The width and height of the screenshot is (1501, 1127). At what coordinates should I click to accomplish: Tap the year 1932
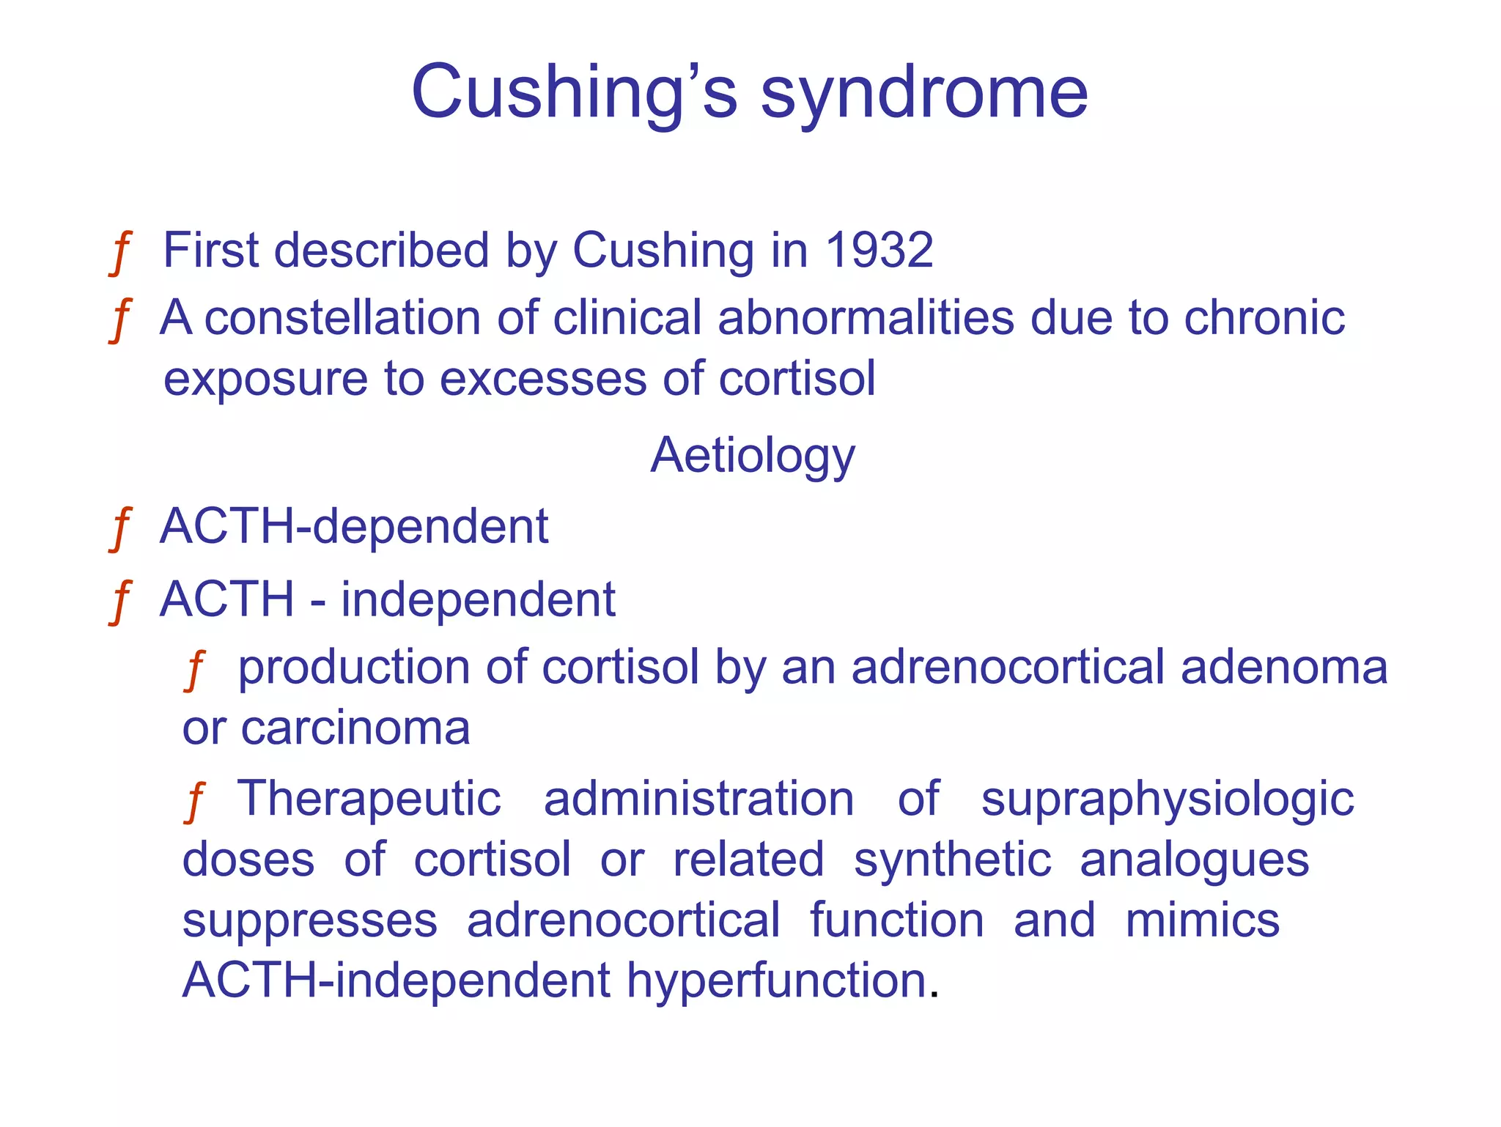tap(879, 251)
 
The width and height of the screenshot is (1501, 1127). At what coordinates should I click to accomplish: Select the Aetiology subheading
tap(753, 456)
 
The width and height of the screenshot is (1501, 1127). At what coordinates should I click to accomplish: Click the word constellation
tap(343, 318)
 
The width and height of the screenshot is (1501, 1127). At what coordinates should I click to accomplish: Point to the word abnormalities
tap(866, 318)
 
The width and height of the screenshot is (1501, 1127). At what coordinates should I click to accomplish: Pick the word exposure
tap(265, 380)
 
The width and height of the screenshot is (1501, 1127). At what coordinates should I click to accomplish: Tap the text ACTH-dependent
tap(354, 526)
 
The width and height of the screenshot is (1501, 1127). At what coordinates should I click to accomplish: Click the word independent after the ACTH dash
tap(478, 599)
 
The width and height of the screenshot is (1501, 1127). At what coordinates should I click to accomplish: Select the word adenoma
tap(1284, 668)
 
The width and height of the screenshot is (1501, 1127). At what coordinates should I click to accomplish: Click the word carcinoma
tap(355, 728)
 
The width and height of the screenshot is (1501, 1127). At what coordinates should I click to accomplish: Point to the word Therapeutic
tap(369, 798)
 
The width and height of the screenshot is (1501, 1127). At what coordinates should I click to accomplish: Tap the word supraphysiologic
tap(1167, 799)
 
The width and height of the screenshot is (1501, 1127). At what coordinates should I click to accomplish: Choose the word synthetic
tap(952, 860)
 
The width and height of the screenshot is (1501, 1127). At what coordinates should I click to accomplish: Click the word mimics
tap(1202, 920)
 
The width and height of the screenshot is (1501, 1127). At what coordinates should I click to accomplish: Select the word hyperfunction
tap(776, 981)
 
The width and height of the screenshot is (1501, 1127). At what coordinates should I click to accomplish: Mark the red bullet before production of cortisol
tap(194, 670)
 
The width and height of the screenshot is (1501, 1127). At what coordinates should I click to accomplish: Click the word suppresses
tap(309, 922)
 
